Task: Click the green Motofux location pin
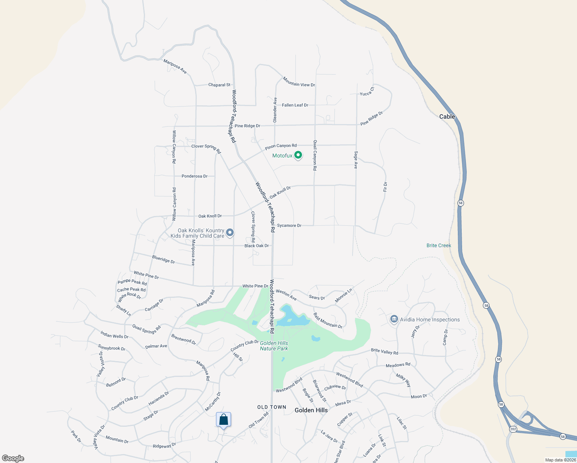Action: [x=298, y=155]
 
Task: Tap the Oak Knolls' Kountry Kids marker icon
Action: [x=230, y=232]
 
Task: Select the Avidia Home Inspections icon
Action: [x=394, y=319]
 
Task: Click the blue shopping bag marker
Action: [x=223, y=420]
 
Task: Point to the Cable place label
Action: [x=447, y=117]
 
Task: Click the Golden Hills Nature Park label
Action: [x=274, y=346]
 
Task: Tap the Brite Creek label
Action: [x=439, y=245]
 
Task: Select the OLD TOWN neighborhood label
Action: [x=272, y=407]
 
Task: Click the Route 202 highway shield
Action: [x=513, y=429]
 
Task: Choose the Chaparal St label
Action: [x=219, y=85]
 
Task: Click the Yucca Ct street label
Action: [x=367, y=92]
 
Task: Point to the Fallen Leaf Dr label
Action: [x=295, y=105]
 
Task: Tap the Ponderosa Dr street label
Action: [x=194, y=176]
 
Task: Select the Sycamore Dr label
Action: [x=289, y=225]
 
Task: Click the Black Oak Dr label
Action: [x=256, y=246]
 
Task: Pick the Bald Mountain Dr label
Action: [x=328, y=321]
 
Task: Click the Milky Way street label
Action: [x=403, y=380]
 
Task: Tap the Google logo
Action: [x=13, y=458]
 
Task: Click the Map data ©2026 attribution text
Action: [x=560, y=460]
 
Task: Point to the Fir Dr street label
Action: [x=385, y=187]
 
